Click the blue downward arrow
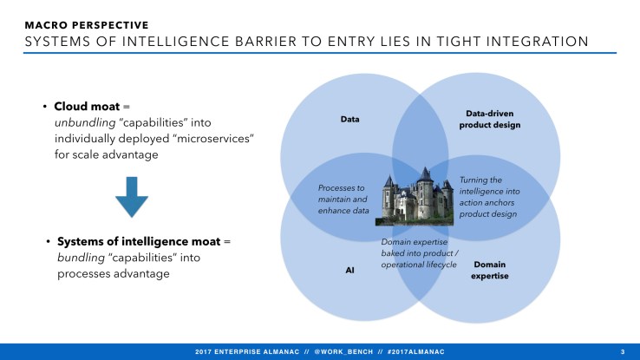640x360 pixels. pos(132,198)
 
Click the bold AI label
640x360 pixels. pos(350,269)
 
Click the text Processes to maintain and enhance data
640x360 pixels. pos(343,199)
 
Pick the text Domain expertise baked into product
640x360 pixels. pos(419,252)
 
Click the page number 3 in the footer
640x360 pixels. pos(623,350)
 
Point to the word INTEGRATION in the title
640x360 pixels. pos(534,42)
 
